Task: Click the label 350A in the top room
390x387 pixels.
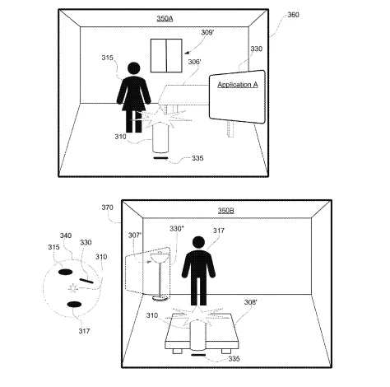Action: [x=165, y=18]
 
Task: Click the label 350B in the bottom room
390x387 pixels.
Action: [x=226, y=211]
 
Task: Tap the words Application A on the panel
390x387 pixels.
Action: [x=238, y=85]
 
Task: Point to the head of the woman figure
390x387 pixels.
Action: [x=134, y=68]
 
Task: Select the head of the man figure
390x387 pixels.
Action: [x=198, y=242]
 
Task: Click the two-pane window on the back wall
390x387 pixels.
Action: [x=166, y=56]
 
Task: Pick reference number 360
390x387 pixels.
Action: [x=293, y=15]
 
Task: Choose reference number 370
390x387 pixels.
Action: [x=107, y=207]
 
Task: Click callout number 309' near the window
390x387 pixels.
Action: [x=207, y=33]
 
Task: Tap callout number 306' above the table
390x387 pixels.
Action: [x=194, y=62]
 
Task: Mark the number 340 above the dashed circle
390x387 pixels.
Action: [x=66, y=235]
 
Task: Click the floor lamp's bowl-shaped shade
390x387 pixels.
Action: [x=157, y=258]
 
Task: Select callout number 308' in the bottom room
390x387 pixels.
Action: [x=251, y=302]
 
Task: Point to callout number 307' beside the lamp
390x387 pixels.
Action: [x=135, y=235]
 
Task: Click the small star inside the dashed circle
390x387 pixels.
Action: [x=72, y=288]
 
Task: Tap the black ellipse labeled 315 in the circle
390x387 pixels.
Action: [x=65, y=272]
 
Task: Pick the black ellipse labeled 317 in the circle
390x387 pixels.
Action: [x=74, y=305]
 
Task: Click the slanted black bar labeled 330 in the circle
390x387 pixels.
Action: [x=86, y=280]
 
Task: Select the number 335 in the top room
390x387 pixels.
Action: [x=197, y=158]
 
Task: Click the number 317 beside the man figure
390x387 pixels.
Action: [x=219, y=231]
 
